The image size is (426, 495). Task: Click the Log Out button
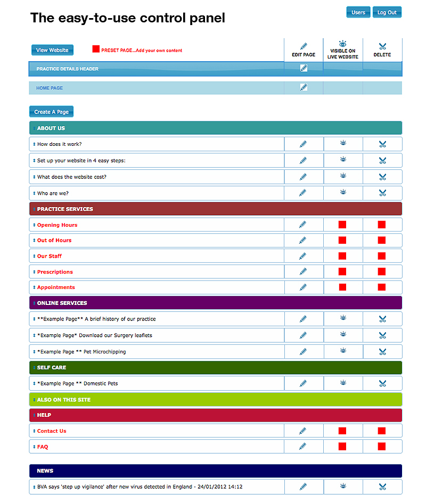[x=387, y=12]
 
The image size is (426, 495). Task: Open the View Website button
[x=52, y=50]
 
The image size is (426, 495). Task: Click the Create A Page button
[x=51, y=112]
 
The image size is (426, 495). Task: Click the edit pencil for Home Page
[x=304, y=87]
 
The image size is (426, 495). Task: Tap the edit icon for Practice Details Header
[x=304, y=68]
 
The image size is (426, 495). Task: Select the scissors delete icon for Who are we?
[x=382, y=193]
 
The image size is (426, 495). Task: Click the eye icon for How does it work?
[x=343, y=144]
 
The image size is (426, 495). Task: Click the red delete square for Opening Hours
[x=382, y=225]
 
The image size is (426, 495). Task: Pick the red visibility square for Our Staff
[x=342, y=256]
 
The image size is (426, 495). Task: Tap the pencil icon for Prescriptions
[x=304, y=271]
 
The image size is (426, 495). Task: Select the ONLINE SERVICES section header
[x=62, y=303]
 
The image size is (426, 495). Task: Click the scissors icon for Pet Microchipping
[x=382, y=352]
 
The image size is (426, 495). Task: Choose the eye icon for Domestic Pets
[x=343, y=383]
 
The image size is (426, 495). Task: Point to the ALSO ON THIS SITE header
[x=64, y=400]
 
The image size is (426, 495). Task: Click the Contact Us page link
[x=52, y=431]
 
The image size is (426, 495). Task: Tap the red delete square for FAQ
[x=382, y=447]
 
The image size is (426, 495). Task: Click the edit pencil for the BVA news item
[x=304, y=486]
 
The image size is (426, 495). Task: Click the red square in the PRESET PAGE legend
[x=96, y=49]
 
